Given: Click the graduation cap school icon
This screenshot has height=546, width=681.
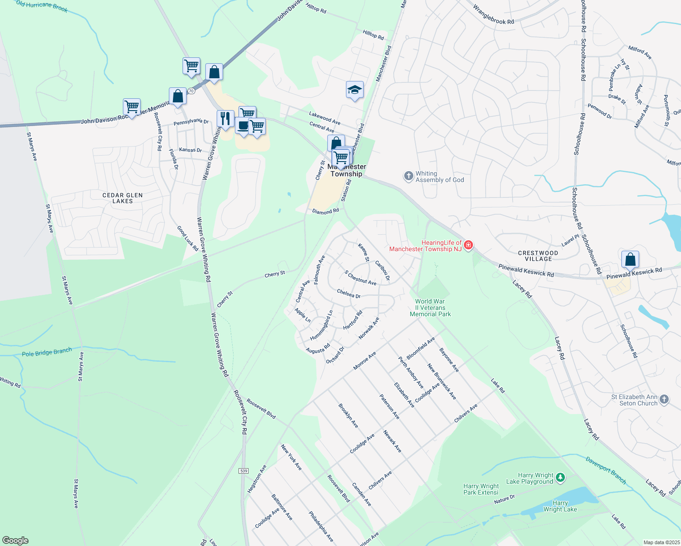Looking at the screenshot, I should point(354,90).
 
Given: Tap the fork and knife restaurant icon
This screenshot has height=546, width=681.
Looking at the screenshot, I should point(225,119).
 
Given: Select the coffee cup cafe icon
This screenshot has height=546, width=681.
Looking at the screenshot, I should point(243,126).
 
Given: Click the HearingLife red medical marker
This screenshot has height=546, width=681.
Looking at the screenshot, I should point(468,245).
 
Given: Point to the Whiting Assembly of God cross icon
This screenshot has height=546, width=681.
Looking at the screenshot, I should point(408,176).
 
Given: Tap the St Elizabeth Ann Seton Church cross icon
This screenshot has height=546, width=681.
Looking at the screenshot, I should point(664,399).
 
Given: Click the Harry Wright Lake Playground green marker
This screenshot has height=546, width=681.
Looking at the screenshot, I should point(560,478).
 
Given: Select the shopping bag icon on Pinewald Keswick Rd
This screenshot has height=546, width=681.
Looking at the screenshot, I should point(630,259).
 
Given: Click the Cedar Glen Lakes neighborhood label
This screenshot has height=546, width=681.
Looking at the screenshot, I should point(122,198).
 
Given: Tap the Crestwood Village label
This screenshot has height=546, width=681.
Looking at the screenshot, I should point(538,256).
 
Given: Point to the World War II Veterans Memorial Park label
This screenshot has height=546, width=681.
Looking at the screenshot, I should point(430,308).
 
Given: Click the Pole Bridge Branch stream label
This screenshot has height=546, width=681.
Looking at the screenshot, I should point(47,352).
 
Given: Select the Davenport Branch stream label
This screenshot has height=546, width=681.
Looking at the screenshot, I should point(606,470).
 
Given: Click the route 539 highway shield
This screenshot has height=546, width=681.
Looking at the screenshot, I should point(244,470).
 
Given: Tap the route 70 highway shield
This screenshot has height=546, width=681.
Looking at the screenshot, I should point(191,91).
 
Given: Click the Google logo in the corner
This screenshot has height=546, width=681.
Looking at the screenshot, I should point(15,540).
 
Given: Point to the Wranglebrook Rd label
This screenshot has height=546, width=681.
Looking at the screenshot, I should point(493,15).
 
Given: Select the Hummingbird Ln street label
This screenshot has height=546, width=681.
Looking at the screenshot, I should point(322,325).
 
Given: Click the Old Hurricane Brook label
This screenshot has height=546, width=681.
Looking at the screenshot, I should point(42,6).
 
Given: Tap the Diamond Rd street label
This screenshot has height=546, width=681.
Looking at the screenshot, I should point(325,212).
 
